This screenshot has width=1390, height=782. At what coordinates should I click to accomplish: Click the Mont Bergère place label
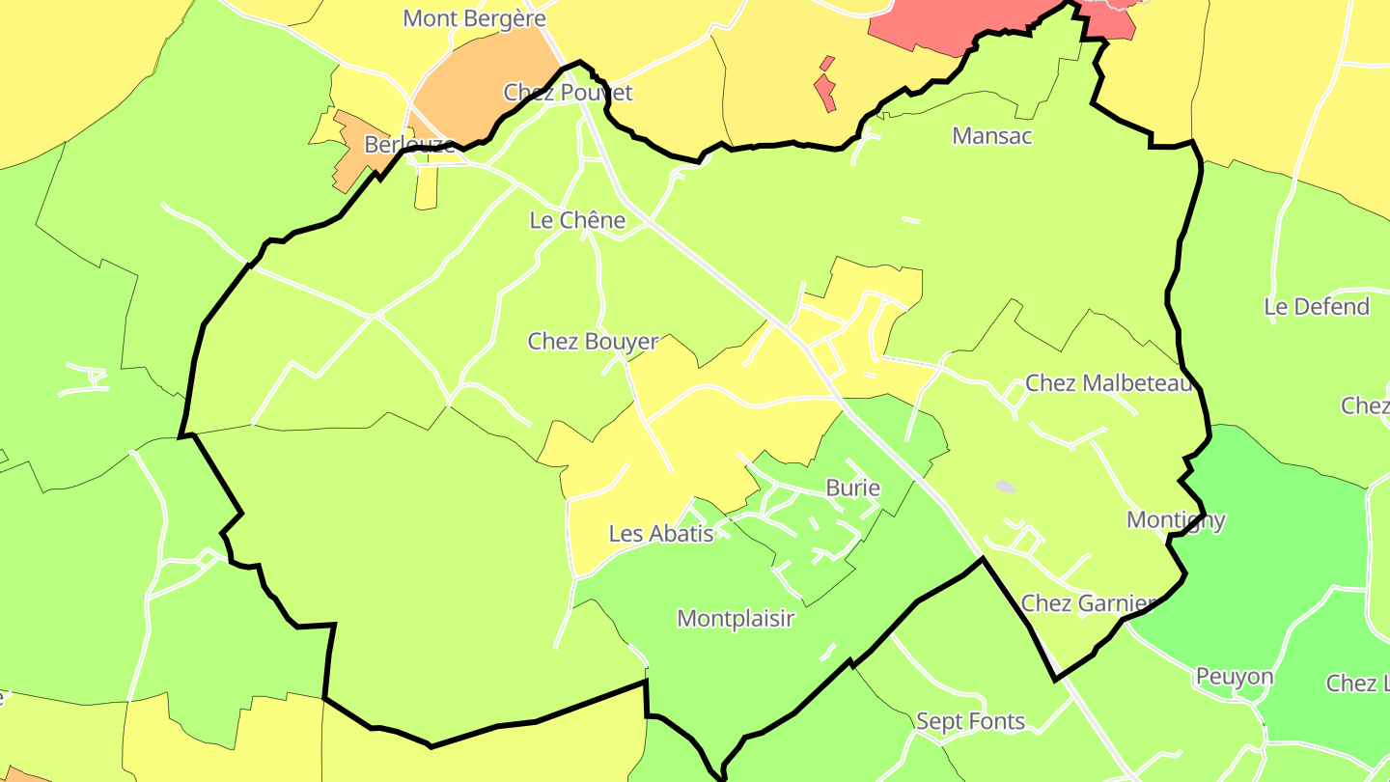[474, 18]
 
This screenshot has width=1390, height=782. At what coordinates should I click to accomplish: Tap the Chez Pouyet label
[568, 93]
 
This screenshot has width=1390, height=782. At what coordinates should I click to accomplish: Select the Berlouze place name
[409, 145]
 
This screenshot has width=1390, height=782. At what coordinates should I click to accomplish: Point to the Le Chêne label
[577, 220]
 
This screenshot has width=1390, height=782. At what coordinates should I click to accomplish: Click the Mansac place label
[991, 136]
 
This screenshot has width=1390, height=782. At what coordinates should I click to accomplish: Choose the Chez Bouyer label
[593, 341]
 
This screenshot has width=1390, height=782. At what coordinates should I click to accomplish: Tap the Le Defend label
[1317, 307]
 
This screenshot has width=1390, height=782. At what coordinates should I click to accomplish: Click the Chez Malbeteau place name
[1109, 383]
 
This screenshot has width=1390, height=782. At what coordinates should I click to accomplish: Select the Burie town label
[853, 488]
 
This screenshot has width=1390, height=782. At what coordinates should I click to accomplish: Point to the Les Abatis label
[661, 533]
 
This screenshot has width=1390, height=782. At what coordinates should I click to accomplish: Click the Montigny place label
[1176, 519]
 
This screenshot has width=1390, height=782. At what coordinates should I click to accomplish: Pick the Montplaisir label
[736, 618]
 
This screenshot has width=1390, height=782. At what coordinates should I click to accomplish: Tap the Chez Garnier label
[1088, 603]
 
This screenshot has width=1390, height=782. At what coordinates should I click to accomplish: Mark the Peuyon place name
[1235, 676]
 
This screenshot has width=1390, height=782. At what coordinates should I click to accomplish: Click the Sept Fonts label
[970, 721]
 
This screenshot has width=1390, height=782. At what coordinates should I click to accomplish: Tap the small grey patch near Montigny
[1005, 487]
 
